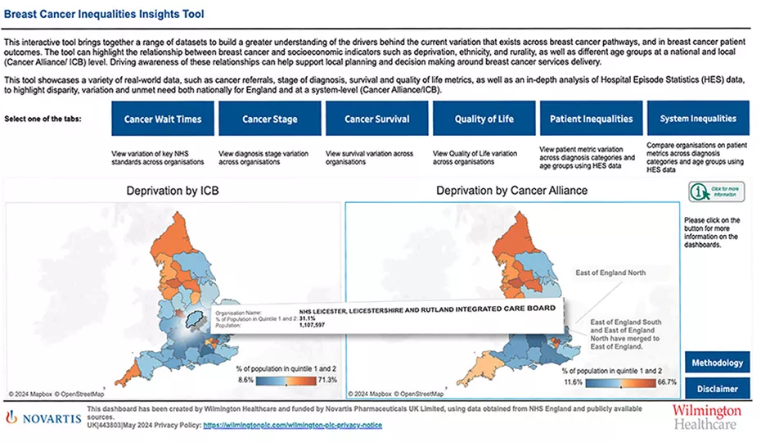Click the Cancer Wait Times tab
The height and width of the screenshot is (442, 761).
click(163, 119)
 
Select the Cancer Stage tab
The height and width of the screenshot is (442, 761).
click(269, 119)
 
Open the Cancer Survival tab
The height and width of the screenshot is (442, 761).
click(376, 119)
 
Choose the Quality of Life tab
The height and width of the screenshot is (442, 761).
click(484, 119)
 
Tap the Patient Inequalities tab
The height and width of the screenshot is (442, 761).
click(591, 119)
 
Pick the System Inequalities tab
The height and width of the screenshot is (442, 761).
click(698, 119)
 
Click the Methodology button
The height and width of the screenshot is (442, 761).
click(717, 363)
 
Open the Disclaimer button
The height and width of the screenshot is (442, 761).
click(717, 388)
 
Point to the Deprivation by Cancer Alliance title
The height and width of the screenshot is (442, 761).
click(511, 191)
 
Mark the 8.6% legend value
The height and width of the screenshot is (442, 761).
click(245, 381)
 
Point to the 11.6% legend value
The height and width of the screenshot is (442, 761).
click(574, 381)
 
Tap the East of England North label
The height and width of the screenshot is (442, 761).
click(610, 273)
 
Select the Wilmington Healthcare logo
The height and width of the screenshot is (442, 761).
click(706, 416)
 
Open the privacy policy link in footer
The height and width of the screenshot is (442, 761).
click(292, 426)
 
